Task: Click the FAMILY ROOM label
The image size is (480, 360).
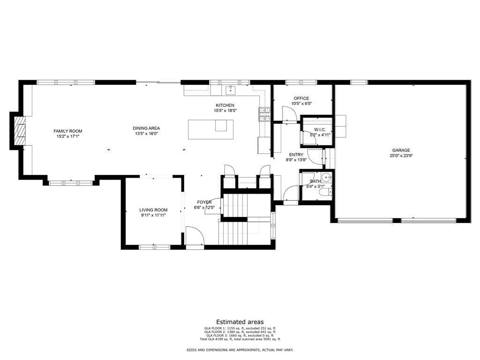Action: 68,131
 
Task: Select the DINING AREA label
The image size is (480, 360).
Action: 147,128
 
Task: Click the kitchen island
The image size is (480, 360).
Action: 210,129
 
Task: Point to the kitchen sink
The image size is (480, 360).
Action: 230,90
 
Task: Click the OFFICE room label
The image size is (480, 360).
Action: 301,98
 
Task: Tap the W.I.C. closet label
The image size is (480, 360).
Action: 320,129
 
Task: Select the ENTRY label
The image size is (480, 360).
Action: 296,155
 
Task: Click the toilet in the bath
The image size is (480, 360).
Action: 328,191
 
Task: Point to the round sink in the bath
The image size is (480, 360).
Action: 327,177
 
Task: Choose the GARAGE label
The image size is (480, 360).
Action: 401,150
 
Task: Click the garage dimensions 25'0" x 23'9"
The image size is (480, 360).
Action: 401,156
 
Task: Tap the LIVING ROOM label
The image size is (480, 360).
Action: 153,210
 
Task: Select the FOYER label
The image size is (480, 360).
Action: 204,202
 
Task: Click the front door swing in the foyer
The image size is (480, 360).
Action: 195,236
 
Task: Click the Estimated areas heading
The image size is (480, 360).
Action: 240,322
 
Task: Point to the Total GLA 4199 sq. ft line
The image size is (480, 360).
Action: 240,339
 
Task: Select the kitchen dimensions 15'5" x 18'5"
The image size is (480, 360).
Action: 225,111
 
